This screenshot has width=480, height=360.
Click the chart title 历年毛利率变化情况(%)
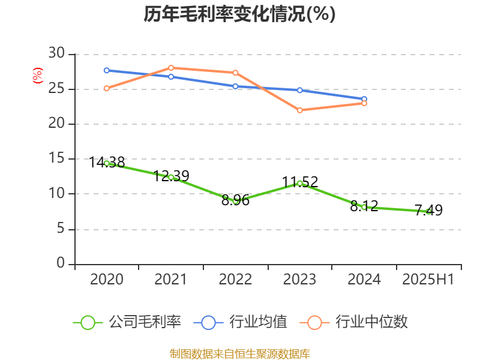click(x=239, y=14)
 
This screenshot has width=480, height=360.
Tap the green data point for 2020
click(x=107, y=163)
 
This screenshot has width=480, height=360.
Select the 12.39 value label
click(x=171, y=176)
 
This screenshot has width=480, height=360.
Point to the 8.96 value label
click(x=235, y=200)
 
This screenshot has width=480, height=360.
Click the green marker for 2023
click(x=299, y=183)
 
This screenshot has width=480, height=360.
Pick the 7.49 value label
click(x=428, y=210)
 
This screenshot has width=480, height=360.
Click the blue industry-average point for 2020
click(x=107, y=70)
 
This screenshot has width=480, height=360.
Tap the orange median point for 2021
click(x=171, y=68)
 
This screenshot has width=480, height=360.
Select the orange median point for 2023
click(x=299, y=110)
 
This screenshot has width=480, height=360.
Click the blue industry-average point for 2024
click(x=364, y=99)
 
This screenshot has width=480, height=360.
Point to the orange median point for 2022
click(x=235, y=73)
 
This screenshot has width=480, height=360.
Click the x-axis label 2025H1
click(x=428, y=280)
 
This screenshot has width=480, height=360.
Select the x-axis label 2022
click(x=235, y=280)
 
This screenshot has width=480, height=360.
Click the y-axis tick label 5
click(x=61, y=229)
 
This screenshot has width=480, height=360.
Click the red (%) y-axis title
click(x=38, y=76)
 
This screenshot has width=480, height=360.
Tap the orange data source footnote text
click(x=239, y=353)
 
